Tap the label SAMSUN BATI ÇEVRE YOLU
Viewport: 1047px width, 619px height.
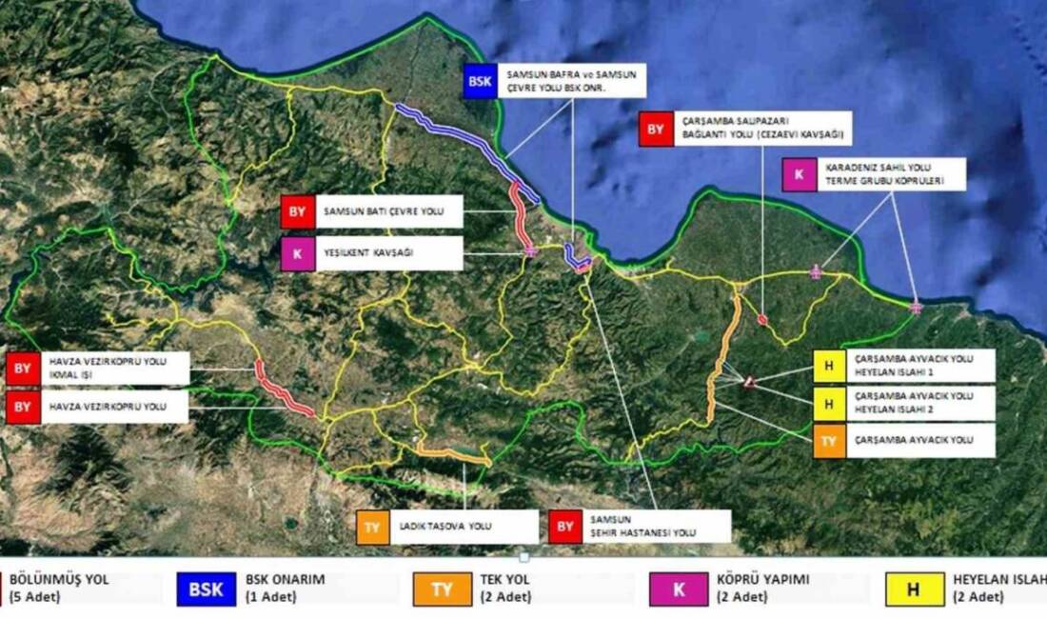[x=382, y=211]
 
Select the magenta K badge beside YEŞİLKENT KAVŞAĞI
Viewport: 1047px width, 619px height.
[x=297, y=254]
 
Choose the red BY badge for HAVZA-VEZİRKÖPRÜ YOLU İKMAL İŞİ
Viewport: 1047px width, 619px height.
[x=23, y=368]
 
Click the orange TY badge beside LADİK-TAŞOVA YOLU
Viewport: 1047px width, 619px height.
[x=373, y=528]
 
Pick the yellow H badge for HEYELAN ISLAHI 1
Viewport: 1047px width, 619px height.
[x=829, y=367]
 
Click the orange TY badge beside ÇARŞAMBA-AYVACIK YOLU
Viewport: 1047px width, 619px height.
[x=829, y=440]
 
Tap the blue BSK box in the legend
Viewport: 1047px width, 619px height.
[x=205, y=589]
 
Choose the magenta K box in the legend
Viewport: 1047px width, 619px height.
[x=679, y=589]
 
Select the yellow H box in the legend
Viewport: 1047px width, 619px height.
[x=912, y=589]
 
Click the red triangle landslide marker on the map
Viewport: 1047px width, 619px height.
[x=750, y=382]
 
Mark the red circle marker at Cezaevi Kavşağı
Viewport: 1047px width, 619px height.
[x=762, y=320]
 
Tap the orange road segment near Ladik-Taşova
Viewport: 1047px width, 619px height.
[x=452, y=454]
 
